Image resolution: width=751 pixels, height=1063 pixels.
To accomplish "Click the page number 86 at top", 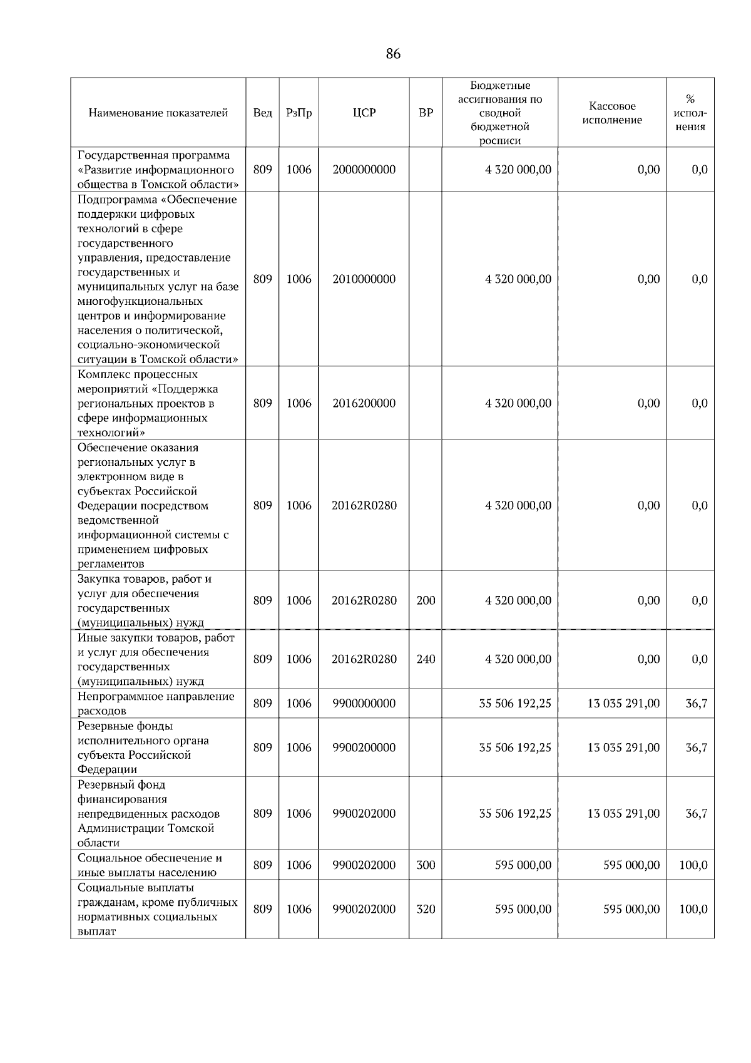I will tap(393, 54).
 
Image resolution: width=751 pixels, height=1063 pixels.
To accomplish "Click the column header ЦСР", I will tap(364, 113).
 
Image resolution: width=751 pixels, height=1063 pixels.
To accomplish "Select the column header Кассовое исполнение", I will tap(611, 113).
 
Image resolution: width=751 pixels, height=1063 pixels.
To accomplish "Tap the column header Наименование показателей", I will tap(158, 113).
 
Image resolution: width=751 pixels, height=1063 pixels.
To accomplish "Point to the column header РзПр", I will tap(299, 113).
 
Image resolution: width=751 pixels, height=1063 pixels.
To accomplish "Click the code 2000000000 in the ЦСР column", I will tap(364, 170).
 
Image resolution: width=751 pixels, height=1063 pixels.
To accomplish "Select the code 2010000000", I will tap(364, 279).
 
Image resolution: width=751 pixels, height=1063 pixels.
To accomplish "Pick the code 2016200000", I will tap(364, 403).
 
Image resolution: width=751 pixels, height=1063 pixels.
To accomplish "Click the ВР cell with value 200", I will tap(426, 600).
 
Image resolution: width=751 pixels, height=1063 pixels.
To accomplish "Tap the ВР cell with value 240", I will tap(426, 659).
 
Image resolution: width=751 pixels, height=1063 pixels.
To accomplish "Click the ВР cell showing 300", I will tap(426, 865).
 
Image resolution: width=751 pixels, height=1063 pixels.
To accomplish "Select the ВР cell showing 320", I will tap(426, 909).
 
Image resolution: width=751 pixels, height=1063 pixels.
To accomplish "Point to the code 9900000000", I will tap(364, 704).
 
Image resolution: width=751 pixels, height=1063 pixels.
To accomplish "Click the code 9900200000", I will tap(364, 747).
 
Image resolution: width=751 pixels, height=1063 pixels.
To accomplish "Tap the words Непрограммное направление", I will tap(156, 696).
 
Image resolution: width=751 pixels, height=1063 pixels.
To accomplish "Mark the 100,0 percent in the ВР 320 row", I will tap(693, 909).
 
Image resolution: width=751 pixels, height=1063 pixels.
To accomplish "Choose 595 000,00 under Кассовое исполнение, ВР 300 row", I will tap(631, 865).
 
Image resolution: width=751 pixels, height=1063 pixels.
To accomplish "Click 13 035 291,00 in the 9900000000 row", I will tap(623, 704).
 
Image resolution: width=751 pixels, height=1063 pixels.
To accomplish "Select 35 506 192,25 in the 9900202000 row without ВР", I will tap(514, 814).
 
